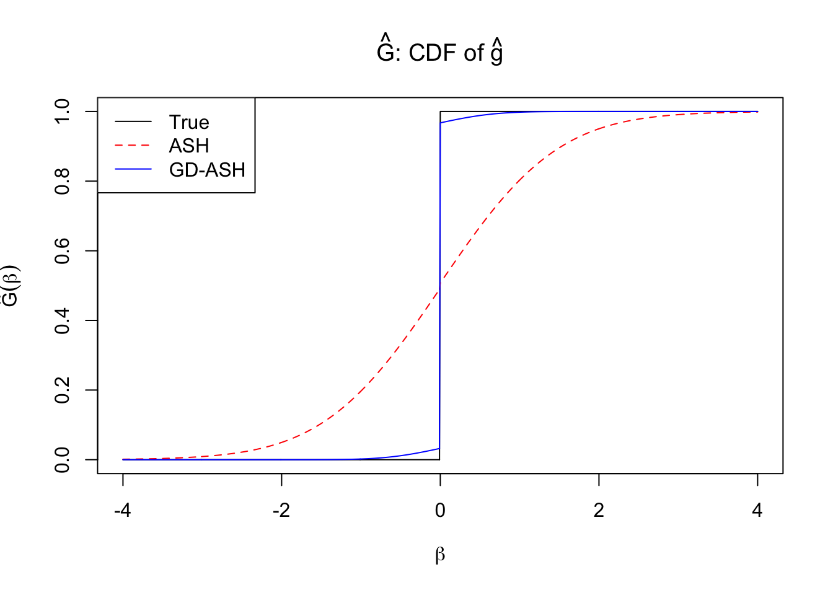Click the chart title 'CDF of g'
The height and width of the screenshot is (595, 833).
440,53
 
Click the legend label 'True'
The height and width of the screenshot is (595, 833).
189,122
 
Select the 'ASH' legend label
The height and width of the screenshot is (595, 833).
189,146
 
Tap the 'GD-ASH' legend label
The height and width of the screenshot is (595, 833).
207,170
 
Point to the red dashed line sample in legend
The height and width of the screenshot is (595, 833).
133,146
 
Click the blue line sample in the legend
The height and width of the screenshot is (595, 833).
133,169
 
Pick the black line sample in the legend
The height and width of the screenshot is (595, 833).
133,121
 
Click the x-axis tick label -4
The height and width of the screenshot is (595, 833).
123,511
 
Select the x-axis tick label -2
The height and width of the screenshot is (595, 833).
281,511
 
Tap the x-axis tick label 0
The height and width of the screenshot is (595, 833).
440,511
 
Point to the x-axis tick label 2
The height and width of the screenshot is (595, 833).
599,511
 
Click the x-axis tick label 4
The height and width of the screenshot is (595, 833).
757,511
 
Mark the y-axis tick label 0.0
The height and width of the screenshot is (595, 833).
63,460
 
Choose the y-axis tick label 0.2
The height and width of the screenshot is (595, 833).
63,390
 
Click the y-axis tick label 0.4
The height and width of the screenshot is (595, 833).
63,320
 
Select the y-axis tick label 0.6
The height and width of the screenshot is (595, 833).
63,251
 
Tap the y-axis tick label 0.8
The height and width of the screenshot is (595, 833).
63,181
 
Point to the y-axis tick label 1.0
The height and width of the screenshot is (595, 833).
63,112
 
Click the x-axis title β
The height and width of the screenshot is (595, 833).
440,555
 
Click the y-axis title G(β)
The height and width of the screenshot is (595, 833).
11,286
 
